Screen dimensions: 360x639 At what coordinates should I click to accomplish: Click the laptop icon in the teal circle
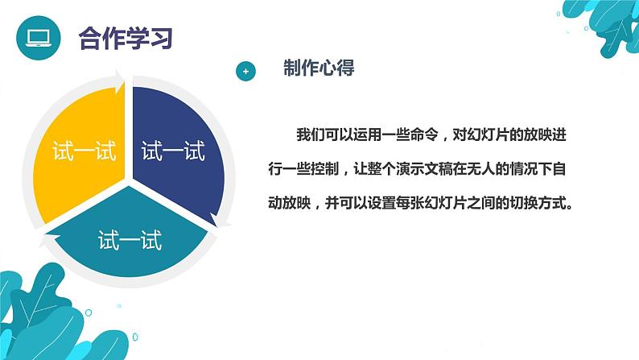[x=37, y=37]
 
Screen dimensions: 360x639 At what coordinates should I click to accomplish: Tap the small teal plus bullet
[x=246, y=72]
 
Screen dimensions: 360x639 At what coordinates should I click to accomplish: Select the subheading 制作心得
[x=319, y=69]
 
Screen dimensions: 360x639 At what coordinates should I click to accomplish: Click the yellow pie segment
[x=80, y=137]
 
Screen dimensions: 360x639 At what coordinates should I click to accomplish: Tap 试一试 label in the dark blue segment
[x=173, y=151]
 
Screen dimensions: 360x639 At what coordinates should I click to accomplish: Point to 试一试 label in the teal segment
[x=130, y=239]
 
